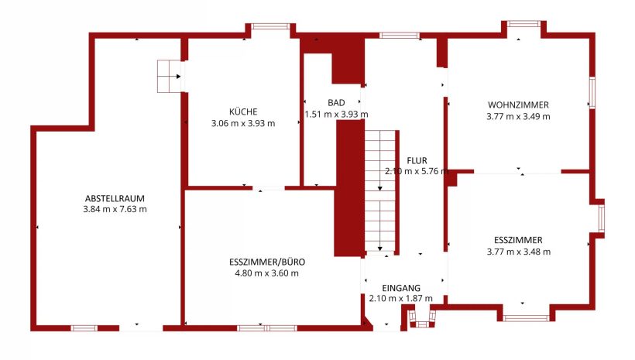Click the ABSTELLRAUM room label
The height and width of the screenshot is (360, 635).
tap(115, 198)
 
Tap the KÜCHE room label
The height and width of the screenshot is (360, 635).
tap(243, 111)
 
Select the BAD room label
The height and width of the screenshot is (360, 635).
tap(336, 103)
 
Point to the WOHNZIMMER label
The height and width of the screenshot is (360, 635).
tap(518, 105)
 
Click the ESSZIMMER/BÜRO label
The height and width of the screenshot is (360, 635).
tap(267, 262)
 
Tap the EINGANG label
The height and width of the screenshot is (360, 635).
tap(401, 288)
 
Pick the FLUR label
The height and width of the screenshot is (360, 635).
tap(417, 161)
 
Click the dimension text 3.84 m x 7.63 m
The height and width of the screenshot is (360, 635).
tap(115, 209)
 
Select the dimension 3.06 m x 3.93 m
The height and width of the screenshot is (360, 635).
tap(243, 124)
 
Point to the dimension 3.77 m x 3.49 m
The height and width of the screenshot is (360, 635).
tap(518, 117)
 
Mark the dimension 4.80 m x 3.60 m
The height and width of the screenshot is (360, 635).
tap(267, 273)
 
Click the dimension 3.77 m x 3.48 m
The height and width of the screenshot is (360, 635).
tap(518, 252)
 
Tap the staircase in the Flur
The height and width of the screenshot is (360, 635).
tap(380, 190)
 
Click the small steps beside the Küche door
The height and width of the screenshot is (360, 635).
tap(169, 77)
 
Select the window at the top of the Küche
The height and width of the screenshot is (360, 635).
tap(270, 26)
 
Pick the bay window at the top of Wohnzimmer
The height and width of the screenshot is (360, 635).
tap(523, 24)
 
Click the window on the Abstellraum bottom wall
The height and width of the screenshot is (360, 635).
tap(84, 328)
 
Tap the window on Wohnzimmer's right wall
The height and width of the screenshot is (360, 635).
tap(592, 93)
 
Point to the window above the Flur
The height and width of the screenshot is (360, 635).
tap(400, 36)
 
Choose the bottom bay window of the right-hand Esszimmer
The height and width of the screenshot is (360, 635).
tap(526, 318)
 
